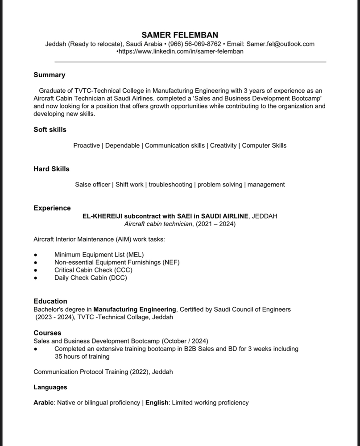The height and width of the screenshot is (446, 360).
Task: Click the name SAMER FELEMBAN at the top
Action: pos(180,35)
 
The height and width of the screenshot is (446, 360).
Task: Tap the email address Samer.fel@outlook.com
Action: pos(280,44)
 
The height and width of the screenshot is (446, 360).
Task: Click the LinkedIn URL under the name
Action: pos(181,51)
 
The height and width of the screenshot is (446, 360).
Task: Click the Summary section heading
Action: pos(50,75)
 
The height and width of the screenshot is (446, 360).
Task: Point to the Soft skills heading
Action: pos(50,129)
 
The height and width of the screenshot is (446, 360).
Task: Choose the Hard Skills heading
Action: pos(51,169)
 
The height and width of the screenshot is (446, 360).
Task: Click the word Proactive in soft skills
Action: pos(87,145)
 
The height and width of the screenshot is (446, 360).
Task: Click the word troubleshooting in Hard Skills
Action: pos(170,184)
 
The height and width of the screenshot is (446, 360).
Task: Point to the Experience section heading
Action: pos(52,208)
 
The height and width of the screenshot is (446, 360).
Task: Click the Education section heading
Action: pos(50,301)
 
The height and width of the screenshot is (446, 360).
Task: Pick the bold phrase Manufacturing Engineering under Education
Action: pos(135,309)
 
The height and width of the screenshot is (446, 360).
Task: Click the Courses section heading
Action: pos(47,333)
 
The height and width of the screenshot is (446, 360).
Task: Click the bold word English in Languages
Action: pos(157,403)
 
